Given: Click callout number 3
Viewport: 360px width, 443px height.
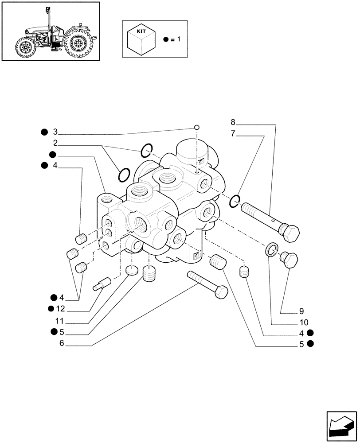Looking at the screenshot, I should (55, 132).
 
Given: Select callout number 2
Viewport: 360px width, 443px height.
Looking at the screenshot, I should (55, 143).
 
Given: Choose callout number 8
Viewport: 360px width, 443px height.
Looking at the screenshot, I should (234, 122).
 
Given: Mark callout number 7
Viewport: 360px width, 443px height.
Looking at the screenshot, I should (234, 133).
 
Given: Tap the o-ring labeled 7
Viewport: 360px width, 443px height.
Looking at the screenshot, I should (235, 201).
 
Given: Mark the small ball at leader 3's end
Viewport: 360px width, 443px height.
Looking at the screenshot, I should (196, 128).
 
